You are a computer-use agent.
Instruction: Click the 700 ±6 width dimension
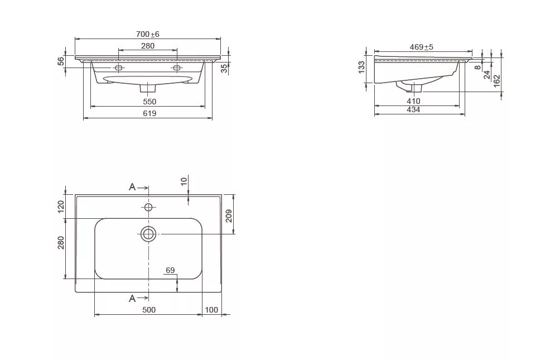(148, 34)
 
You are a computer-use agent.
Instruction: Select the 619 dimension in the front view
(149, 113)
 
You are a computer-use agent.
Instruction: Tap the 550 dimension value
(149, 102)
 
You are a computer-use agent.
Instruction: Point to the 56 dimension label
(61, 61)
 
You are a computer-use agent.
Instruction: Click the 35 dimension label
(224, 69)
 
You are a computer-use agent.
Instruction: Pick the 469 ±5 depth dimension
(421, 47)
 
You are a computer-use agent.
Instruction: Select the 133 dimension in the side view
(361, 68)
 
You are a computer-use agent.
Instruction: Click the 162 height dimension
(497, 81)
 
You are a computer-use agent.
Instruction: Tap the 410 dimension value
(413, 102)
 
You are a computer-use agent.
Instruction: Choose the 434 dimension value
(413, 110)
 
